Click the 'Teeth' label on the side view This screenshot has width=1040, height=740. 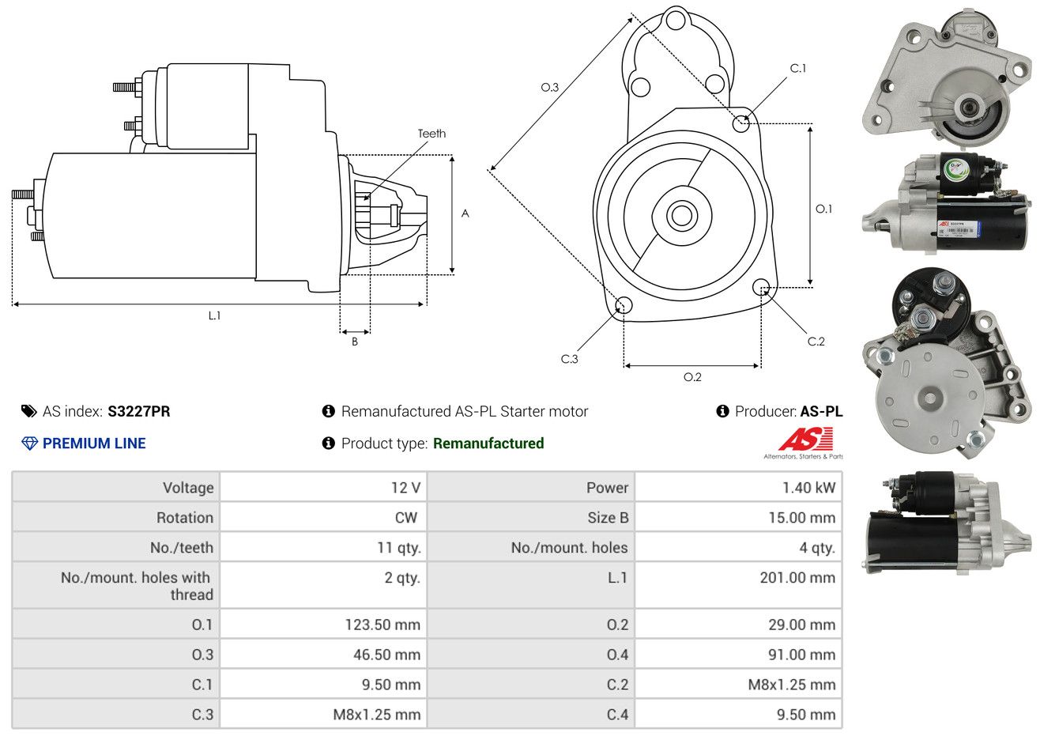tap(431, 134)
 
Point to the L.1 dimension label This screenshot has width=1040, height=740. tap(214, 315)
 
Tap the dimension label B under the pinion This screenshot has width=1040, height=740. tap(355, 342)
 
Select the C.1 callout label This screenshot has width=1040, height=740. tap(798, 69)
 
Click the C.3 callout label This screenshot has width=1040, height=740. tap(569, 359)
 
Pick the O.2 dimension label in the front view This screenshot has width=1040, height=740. tap(692, 377)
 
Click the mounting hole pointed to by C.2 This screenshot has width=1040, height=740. tap(761, 286)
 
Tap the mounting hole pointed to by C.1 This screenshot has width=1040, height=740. tap(741, 123)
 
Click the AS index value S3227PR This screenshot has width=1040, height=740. tap(139, 411)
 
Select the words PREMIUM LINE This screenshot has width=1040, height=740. tap(94, 444)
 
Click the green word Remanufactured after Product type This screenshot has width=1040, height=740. tap(488, 444)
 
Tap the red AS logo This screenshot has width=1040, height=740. tap(806, 440)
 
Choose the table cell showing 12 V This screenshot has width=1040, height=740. tap(405, 488)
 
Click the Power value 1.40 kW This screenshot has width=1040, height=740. tap(808, 488)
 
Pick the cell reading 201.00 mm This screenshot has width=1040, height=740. tap(797, 578)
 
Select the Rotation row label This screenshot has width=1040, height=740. tap(185, 518)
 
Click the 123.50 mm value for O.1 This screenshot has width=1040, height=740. tap(382, 625)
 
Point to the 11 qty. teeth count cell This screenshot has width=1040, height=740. tap(399, 548)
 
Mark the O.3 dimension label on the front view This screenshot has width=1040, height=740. tap(549, 87)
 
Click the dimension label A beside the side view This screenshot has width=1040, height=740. tap(465, 213)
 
